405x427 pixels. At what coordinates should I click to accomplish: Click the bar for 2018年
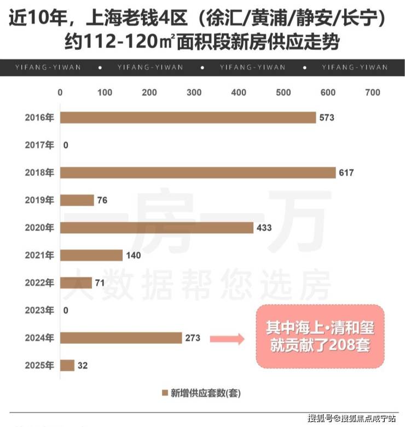[198, 173]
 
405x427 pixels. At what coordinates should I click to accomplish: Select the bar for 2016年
[188, 118]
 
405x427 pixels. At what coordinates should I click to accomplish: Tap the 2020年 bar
[157, 228]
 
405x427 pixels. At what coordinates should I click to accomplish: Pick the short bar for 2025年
[67, 365]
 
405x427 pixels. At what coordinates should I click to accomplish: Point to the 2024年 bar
[121, 338]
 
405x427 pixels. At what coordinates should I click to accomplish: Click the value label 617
[346, 173]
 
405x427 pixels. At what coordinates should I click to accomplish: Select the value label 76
[102, 200]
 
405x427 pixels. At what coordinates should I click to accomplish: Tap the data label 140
[134, 255]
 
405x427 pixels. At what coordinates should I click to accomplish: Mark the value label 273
[193, 338]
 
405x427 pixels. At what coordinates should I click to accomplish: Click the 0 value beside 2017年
[66, 145]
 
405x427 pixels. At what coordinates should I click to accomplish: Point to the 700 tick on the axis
[372, 93]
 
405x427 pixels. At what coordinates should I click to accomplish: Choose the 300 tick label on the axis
[194, 93]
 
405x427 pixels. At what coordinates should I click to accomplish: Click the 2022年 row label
[39, 283]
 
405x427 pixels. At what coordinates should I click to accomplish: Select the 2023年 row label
[39, 310]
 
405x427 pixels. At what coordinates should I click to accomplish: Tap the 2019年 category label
[39, 200]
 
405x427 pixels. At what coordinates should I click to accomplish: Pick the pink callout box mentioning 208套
[320, 336]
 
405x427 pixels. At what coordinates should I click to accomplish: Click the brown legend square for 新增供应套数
[164, 393]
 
